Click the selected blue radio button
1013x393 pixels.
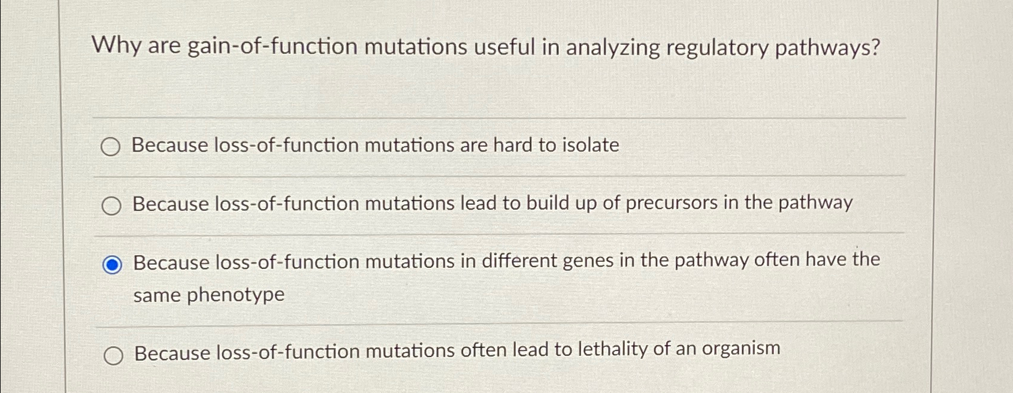[112, 264]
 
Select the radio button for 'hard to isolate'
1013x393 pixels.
[110, 147]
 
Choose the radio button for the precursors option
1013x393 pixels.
[111, 206]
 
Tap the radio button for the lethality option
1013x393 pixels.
[113, 356]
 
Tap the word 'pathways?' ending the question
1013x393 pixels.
[827, 47]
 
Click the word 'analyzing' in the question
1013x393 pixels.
[612, 47]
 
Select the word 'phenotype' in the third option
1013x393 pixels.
[235, 295]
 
